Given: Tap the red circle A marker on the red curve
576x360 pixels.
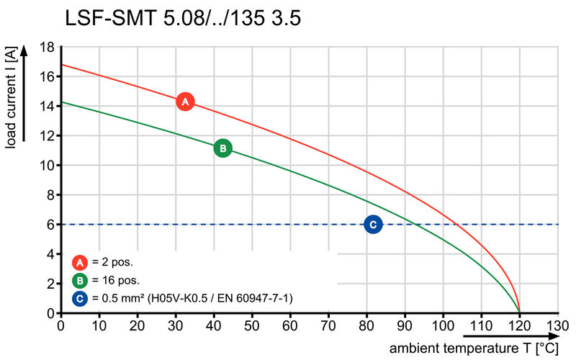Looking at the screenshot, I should (185, 102).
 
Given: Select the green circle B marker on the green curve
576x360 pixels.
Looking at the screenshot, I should (223, 148).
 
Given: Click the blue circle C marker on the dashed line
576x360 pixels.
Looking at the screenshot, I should (373, 225).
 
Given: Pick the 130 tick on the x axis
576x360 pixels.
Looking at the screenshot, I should (557, 325).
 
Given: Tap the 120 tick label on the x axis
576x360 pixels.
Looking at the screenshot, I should (518, 325).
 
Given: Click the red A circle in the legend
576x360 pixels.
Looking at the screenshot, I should (81, 262).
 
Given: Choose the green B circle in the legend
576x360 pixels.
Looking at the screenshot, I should (81, 280).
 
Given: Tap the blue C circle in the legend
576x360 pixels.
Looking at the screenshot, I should (81, 297).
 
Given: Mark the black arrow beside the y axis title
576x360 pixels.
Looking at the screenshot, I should (25, 94).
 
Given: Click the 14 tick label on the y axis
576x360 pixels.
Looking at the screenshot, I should (48, 107).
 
